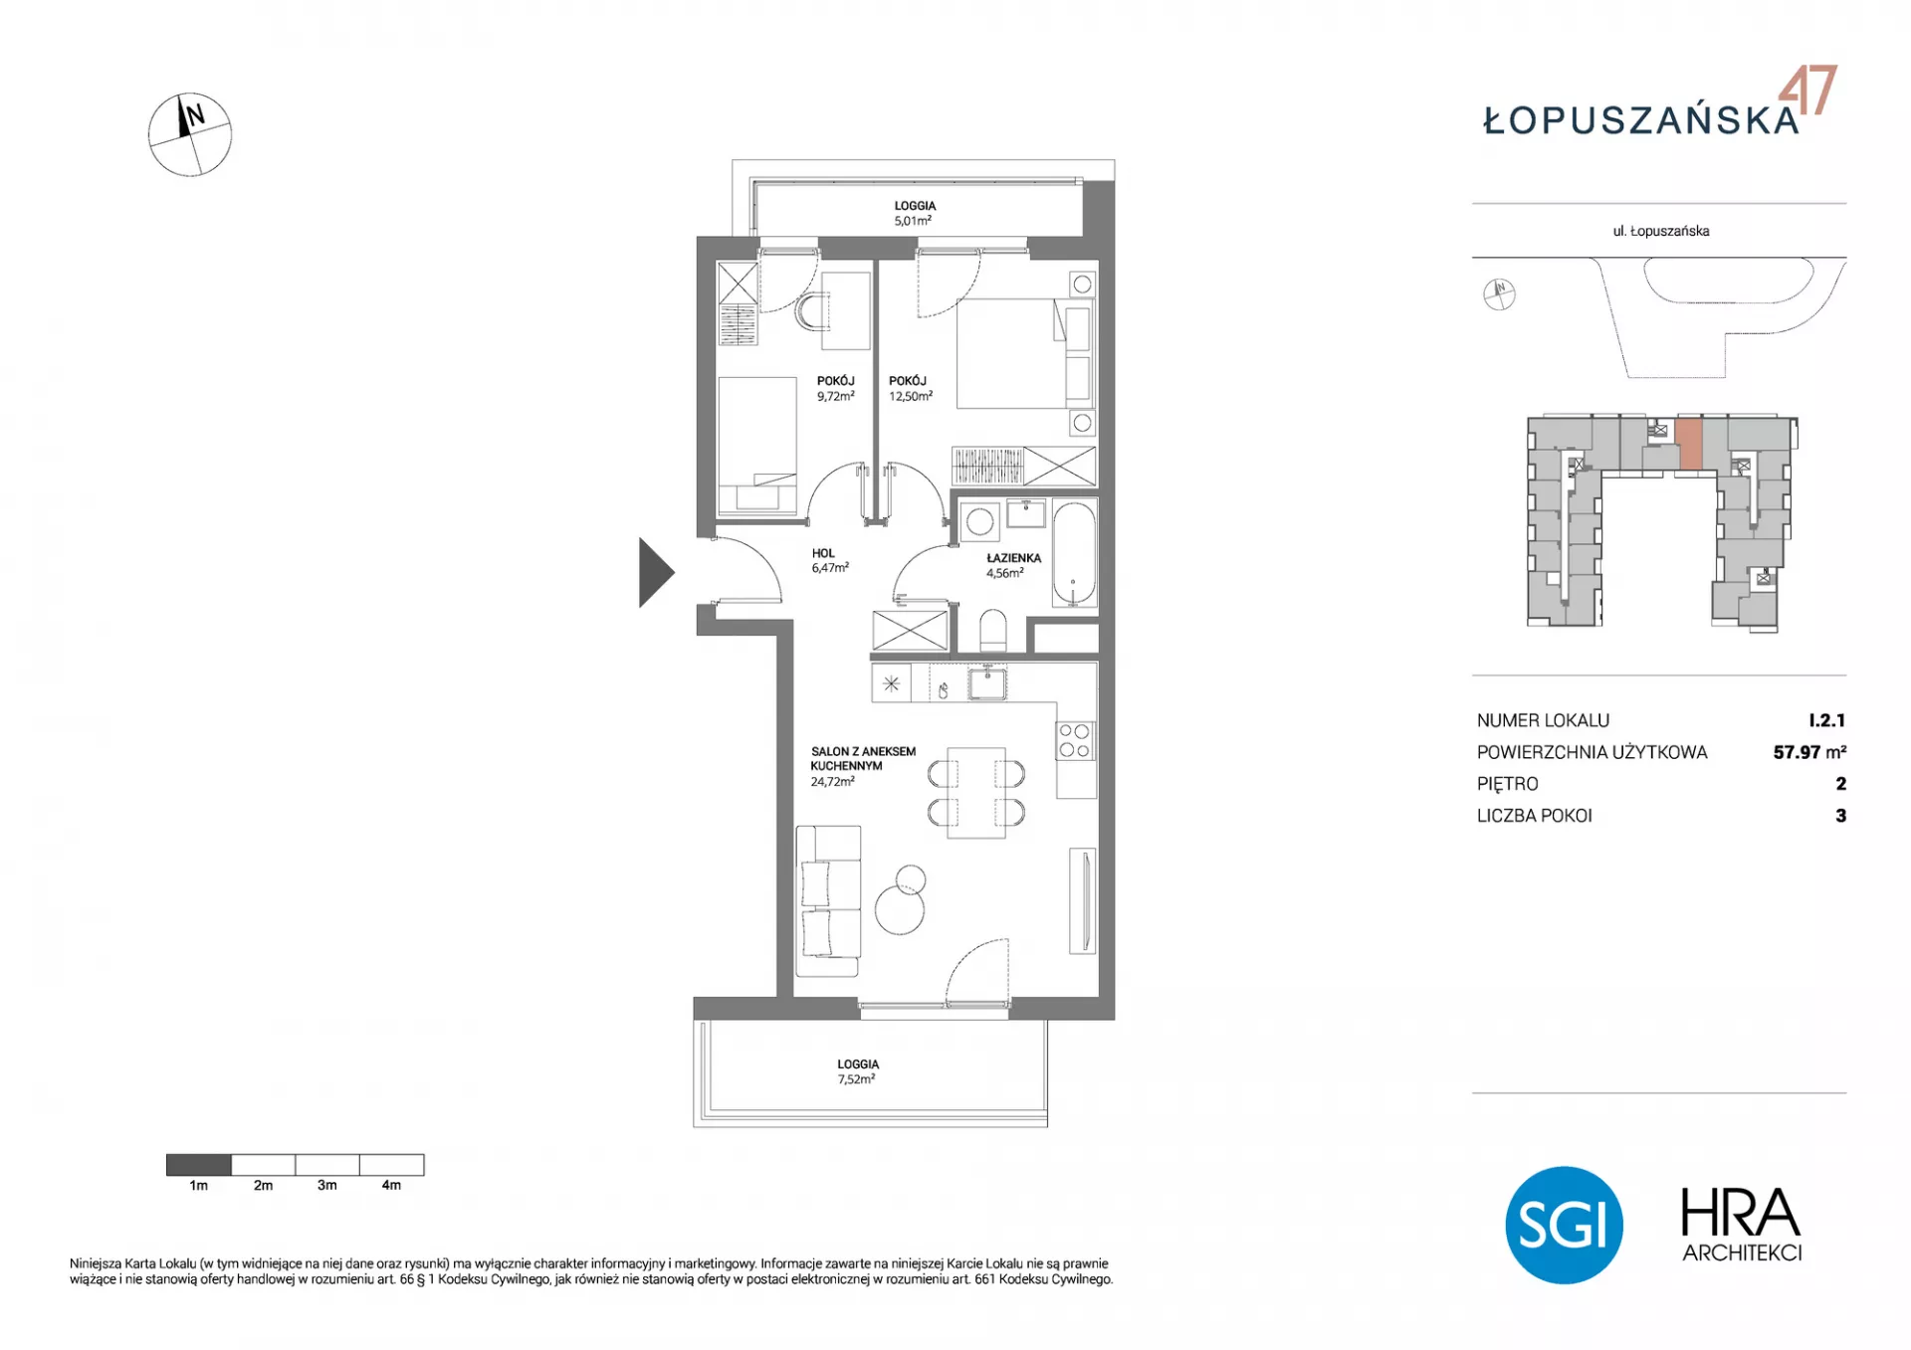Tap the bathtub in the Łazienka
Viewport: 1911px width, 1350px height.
point(1074,554)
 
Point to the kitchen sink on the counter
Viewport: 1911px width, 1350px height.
point(987,684)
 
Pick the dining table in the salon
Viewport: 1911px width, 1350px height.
point(976,793)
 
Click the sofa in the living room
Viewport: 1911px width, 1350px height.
point(828,901)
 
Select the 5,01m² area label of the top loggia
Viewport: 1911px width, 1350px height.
point(913,221)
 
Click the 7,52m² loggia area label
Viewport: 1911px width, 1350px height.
point(856,1079)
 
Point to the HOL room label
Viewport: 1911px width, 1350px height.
point(823,553)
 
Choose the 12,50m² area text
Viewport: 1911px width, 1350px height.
point(911,396)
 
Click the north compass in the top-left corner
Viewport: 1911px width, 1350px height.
point(190,135)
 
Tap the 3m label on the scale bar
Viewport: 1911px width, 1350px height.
point(327,1185)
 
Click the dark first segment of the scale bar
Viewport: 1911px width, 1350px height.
point(199,1165)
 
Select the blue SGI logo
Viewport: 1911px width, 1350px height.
point(1564,1225)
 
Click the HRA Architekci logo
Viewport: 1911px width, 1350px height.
point(1742,1225)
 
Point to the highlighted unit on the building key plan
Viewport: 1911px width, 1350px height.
point(1689,445)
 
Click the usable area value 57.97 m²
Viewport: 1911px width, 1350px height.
point(1809,752)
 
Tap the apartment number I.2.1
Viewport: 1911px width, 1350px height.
point(1827,720)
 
